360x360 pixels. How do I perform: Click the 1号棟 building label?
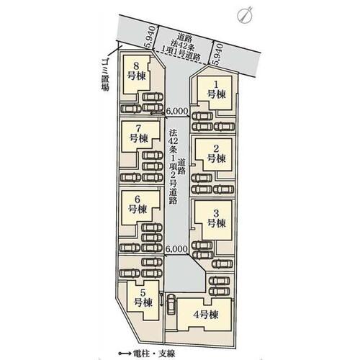tap(217, 90)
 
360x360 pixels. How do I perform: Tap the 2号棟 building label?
tap(216, 154)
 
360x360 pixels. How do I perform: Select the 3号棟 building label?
tap(216, 218)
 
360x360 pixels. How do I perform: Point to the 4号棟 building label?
tap(206, 315)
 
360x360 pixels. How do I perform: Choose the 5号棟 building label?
tap(143, 298)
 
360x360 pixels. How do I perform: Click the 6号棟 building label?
tap(138, 204)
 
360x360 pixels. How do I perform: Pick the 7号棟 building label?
tap(139, 134)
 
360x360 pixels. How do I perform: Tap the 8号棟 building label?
tap(136, 71)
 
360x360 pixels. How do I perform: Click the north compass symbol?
tap(244, 15)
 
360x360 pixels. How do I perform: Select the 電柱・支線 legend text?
tap(153, 354)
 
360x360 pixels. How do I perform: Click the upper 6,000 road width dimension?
tap(176, 111)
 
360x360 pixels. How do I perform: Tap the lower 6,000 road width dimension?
tap(176, 249)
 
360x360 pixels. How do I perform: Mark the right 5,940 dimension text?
tap(218, 55)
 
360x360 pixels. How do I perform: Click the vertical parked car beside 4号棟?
tap(171, 304)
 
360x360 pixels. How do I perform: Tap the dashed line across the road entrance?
tap(181, 58)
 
